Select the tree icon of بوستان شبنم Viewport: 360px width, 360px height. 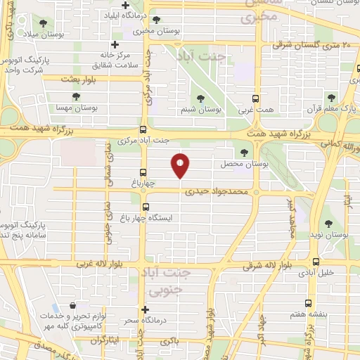[x=202, y=99]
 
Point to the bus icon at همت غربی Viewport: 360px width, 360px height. [x=257, y=99]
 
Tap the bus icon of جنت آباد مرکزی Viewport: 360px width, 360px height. [x=143, y=129]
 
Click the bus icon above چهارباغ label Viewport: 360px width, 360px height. [x=143, y=172]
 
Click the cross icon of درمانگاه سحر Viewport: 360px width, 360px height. [x=145, y=309]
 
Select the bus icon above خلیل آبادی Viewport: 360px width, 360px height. [x=316, y=262]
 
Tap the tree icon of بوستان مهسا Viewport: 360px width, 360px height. [x=76, y=96]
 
